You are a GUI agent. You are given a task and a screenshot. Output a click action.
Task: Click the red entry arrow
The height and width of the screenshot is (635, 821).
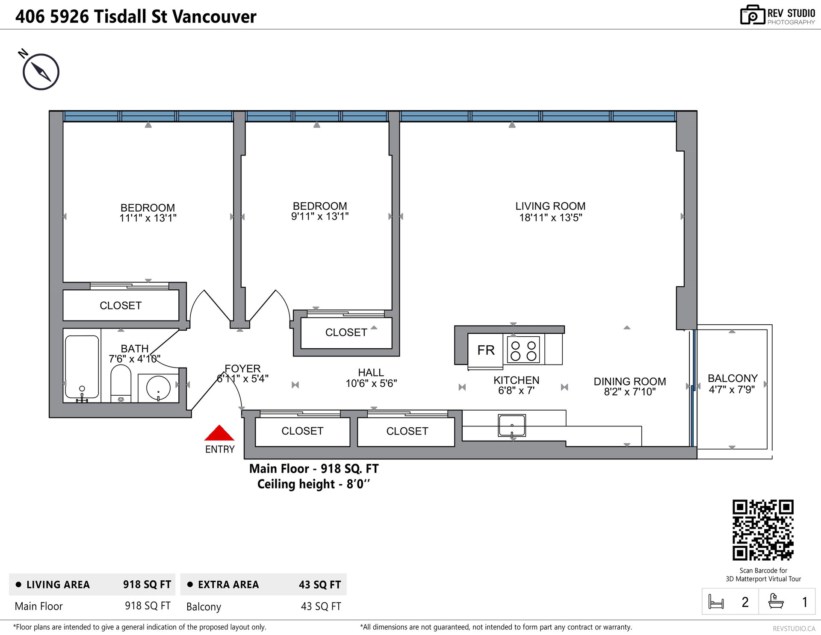point(219,433)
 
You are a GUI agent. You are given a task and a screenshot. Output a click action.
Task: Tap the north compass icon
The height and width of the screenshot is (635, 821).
point(41,72)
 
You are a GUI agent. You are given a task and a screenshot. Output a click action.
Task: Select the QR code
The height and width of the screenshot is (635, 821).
point(763,530)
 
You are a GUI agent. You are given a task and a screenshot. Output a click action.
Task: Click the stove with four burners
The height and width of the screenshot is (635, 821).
point(523,350)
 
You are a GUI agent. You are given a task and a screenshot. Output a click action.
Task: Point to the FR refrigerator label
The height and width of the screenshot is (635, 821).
point(486,350)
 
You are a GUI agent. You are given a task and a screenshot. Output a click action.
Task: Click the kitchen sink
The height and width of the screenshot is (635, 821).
point(512,426)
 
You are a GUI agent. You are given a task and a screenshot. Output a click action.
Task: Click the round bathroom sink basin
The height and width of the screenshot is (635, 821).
point(158,388)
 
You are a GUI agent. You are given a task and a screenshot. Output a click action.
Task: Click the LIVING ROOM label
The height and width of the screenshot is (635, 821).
point(550,206)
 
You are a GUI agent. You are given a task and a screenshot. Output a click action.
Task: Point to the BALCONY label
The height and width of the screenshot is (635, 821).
point(732,378)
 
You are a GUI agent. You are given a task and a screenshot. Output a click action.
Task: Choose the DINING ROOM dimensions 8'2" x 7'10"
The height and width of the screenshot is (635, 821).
point(629,392)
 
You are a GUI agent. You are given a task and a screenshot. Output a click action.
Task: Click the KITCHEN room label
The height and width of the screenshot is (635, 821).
point(516,380)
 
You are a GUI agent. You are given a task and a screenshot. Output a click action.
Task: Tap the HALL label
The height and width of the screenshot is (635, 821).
point(371,372)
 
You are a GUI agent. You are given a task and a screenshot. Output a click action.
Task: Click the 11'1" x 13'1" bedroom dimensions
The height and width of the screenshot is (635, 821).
point(148,218)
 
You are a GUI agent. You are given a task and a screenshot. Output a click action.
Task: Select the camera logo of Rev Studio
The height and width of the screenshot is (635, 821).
point(752,15)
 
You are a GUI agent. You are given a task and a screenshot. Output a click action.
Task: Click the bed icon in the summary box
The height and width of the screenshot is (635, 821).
point(716,602)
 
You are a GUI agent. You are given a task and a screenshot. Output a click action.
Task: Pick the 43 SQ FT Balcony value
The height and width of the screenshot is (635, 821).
point(321,606)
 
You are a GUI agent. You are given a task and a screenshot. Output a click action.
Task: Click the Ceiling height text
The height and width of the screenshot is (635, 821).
point(313,484)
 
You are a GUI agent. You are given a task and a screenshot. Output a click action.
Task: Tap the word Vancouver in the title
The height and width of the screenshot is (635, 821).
point(214,17)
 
